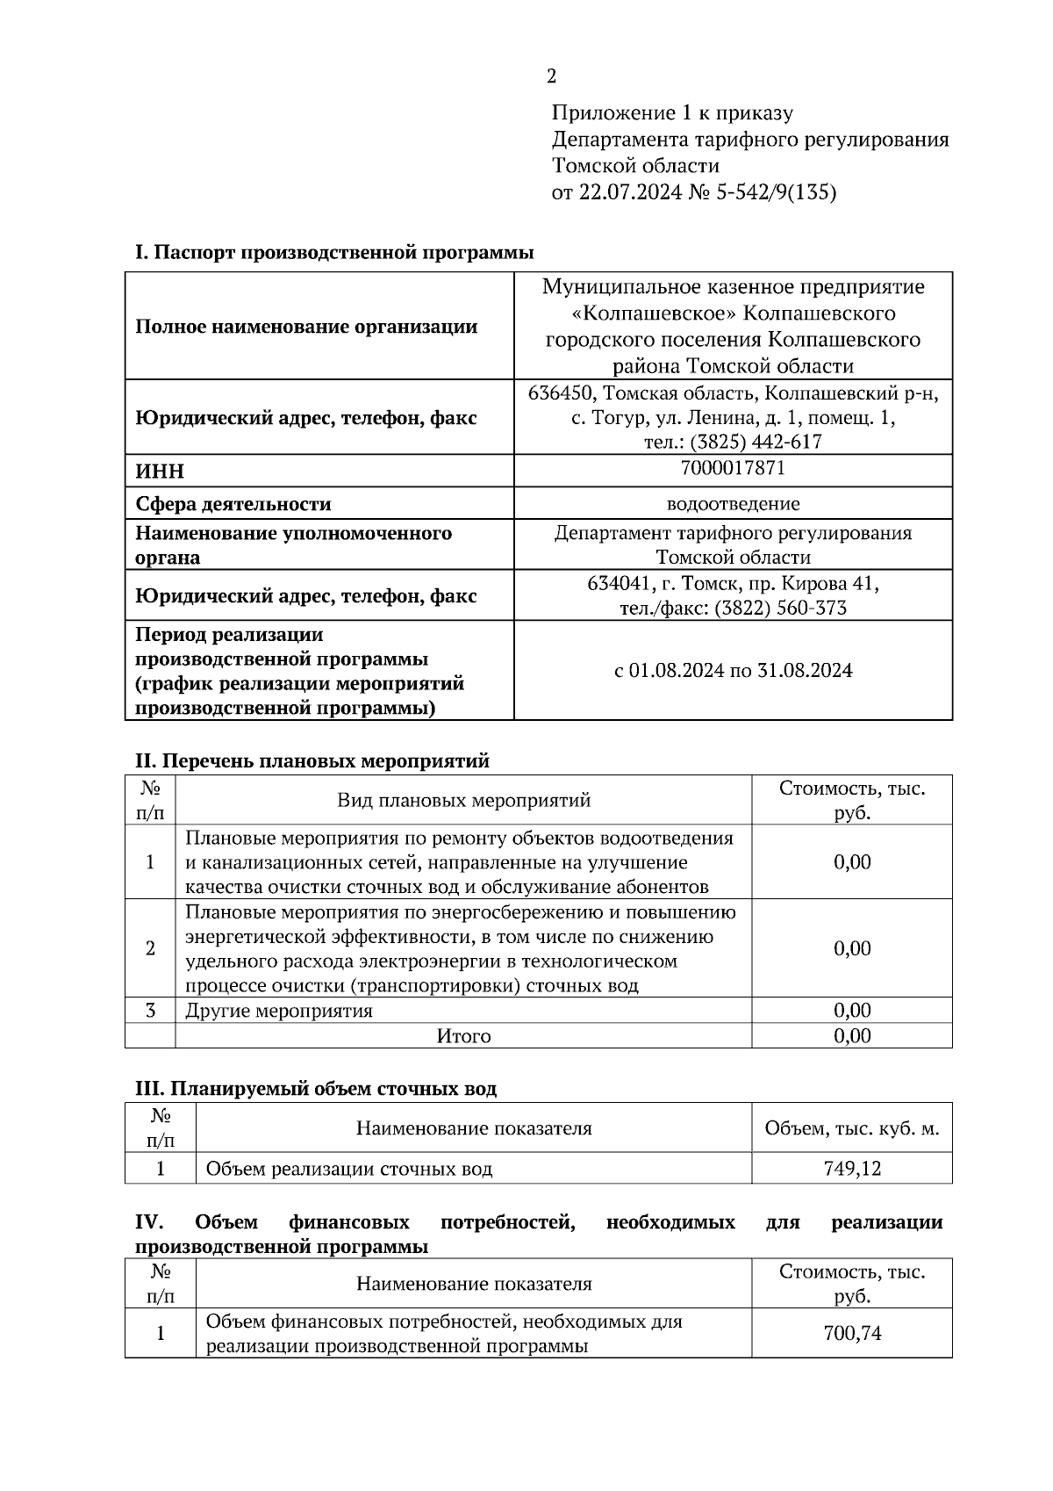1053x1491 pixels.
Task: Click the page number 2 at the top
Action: click(x=551, y=76)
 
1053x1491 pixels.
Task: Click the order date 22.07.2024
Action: click(x=629, y=192)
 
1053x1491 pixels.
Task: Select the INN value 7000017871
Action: click(x=733, y=468)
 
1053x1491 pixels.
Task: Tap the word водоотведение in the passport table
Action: click(x=733, y=504)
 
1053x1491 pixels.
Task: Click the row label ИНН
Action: click(x=160, y=472)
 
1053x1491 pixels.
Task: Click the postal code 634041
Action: click(x=618, y=583)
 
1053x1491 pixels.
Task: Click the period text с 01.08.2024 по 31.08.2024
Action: click(x=733, y=671)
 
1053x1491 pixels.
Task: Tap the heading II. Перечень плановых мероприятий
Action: click(x=311, y=761)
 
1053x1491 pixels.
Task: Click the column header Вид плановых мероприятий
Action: click(x=463, y=800)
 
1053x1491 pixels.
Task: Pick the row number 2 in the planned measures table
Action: click(x=150, y=948)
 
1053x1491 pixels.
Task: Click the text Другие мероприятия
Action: click(x=279, y=1011)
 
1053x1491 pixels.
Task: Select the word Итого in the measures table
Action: click(x=463, y=1036)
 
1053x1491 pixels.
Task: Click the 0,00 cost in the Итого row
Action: click(x=851, y=1036)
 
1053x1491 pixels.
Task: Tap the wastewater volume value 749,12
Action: click(x=851, y=1169)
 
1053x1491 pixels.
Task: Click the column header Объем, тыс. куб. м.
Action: click(x=851, y=1128)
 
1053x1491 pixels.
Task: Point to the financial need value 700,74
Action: click(x=851, y=1334)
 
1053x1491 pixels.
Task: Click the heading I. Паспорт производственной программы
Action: click(x=334, y=253)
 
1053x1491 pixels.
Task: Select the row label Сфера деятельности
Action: click(x=233, y=504)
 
